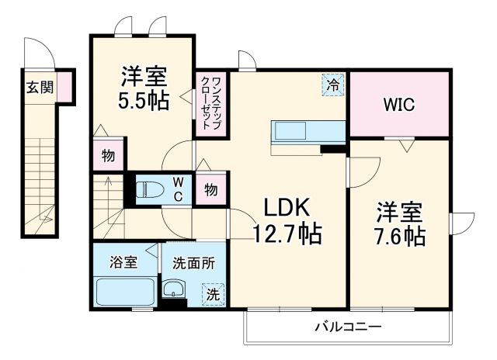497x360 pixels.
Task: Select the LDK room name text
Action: [x=288, y=207]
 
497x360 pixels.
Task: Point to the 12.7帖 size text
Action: [x=288, y=232]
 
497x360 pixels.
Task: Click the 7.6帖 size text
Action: [x=401, y=236]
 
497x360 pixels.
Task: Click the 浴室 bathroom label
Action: [x=124, y=262]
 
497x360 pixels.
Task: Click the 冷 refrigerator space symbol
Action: [x=332, y=84]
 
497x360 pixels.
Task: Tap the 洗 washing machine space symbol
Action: [x=212, y=294]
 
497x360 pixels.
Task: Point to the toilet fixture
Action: [x=150, y=189]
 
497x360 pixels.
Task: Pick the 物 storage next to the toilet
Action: [x=210, y=189]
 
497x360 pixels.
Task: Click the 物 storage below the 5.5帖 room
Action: [x=108, y=155]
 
